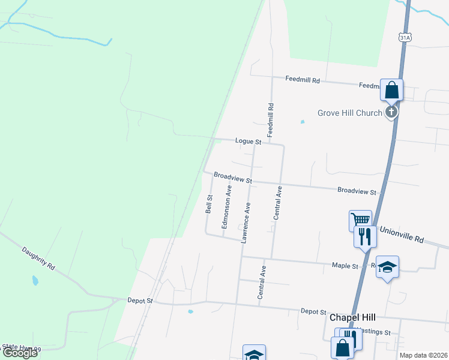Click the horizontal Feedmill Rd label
(x=303, y=79)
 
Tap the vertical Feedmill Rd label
(x=271, y=118)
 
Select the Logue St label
(x=248, y=142)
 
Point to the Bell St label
(x=209, y=204)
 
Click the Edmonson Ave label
(x=227, y=207)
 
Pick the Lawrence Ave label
(x=246, y=222)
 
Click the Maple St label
(x=345, y=265)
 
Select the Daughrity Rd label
(x=38, y=258)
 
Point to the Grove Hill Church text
(x=350, y=113)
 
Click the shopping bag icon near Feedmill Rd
(x=391, y=91)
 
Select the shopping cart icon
(x=360, y=220)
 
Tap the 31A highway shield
(x=405, y=37)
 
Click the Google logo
(x=20, y=353)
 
